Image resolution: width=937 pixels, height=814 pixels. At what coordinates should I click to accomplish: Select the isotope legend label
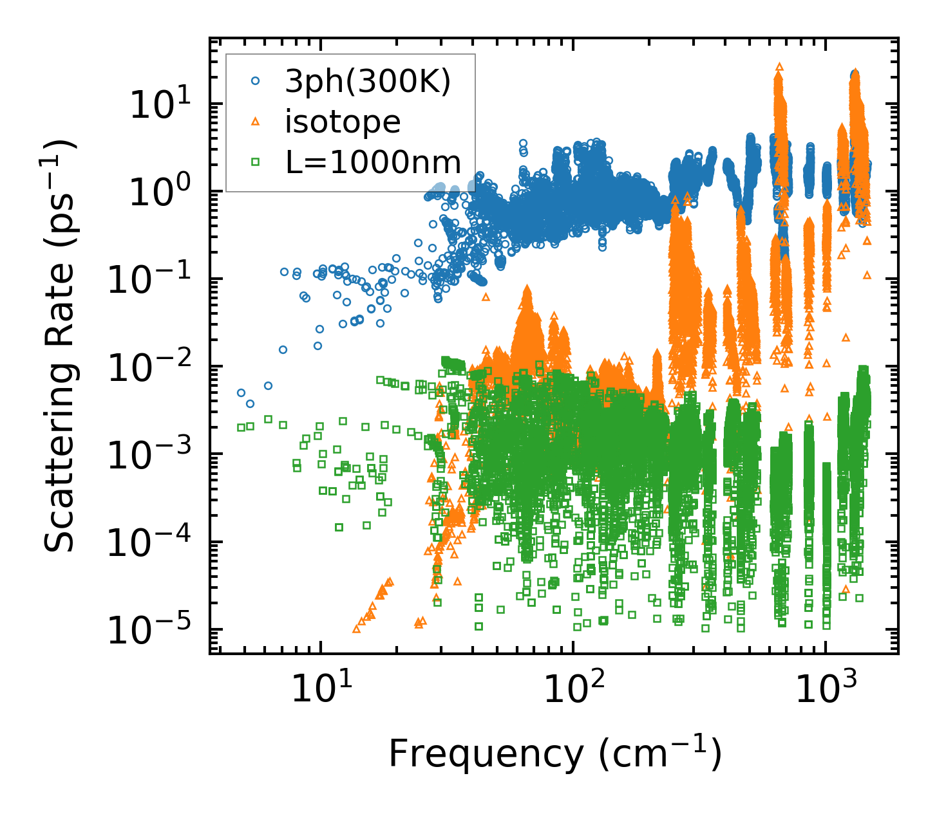(x=343, y=122)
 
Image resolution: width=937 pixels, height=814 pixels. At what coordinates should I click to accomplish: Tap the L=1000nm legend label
(x=374, y=163)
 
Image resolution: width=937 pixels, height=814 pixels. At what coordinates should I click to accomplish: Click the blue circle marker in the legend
(x=256, y=81)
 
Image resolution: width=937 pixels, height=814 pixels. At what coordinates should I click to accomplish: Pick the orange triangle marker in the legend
(x=256, y=122)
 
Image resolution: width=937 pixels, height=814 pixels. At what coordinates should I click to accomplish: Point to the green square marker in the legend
(x=256, y=163)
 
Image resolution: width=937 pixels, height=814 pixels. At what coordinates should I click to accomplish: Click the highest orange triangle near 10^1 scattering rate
(x=779, y=66)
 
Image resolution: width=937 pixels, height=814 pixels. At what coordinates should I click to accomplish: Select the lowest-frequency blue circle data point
(x=241, y=393)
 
